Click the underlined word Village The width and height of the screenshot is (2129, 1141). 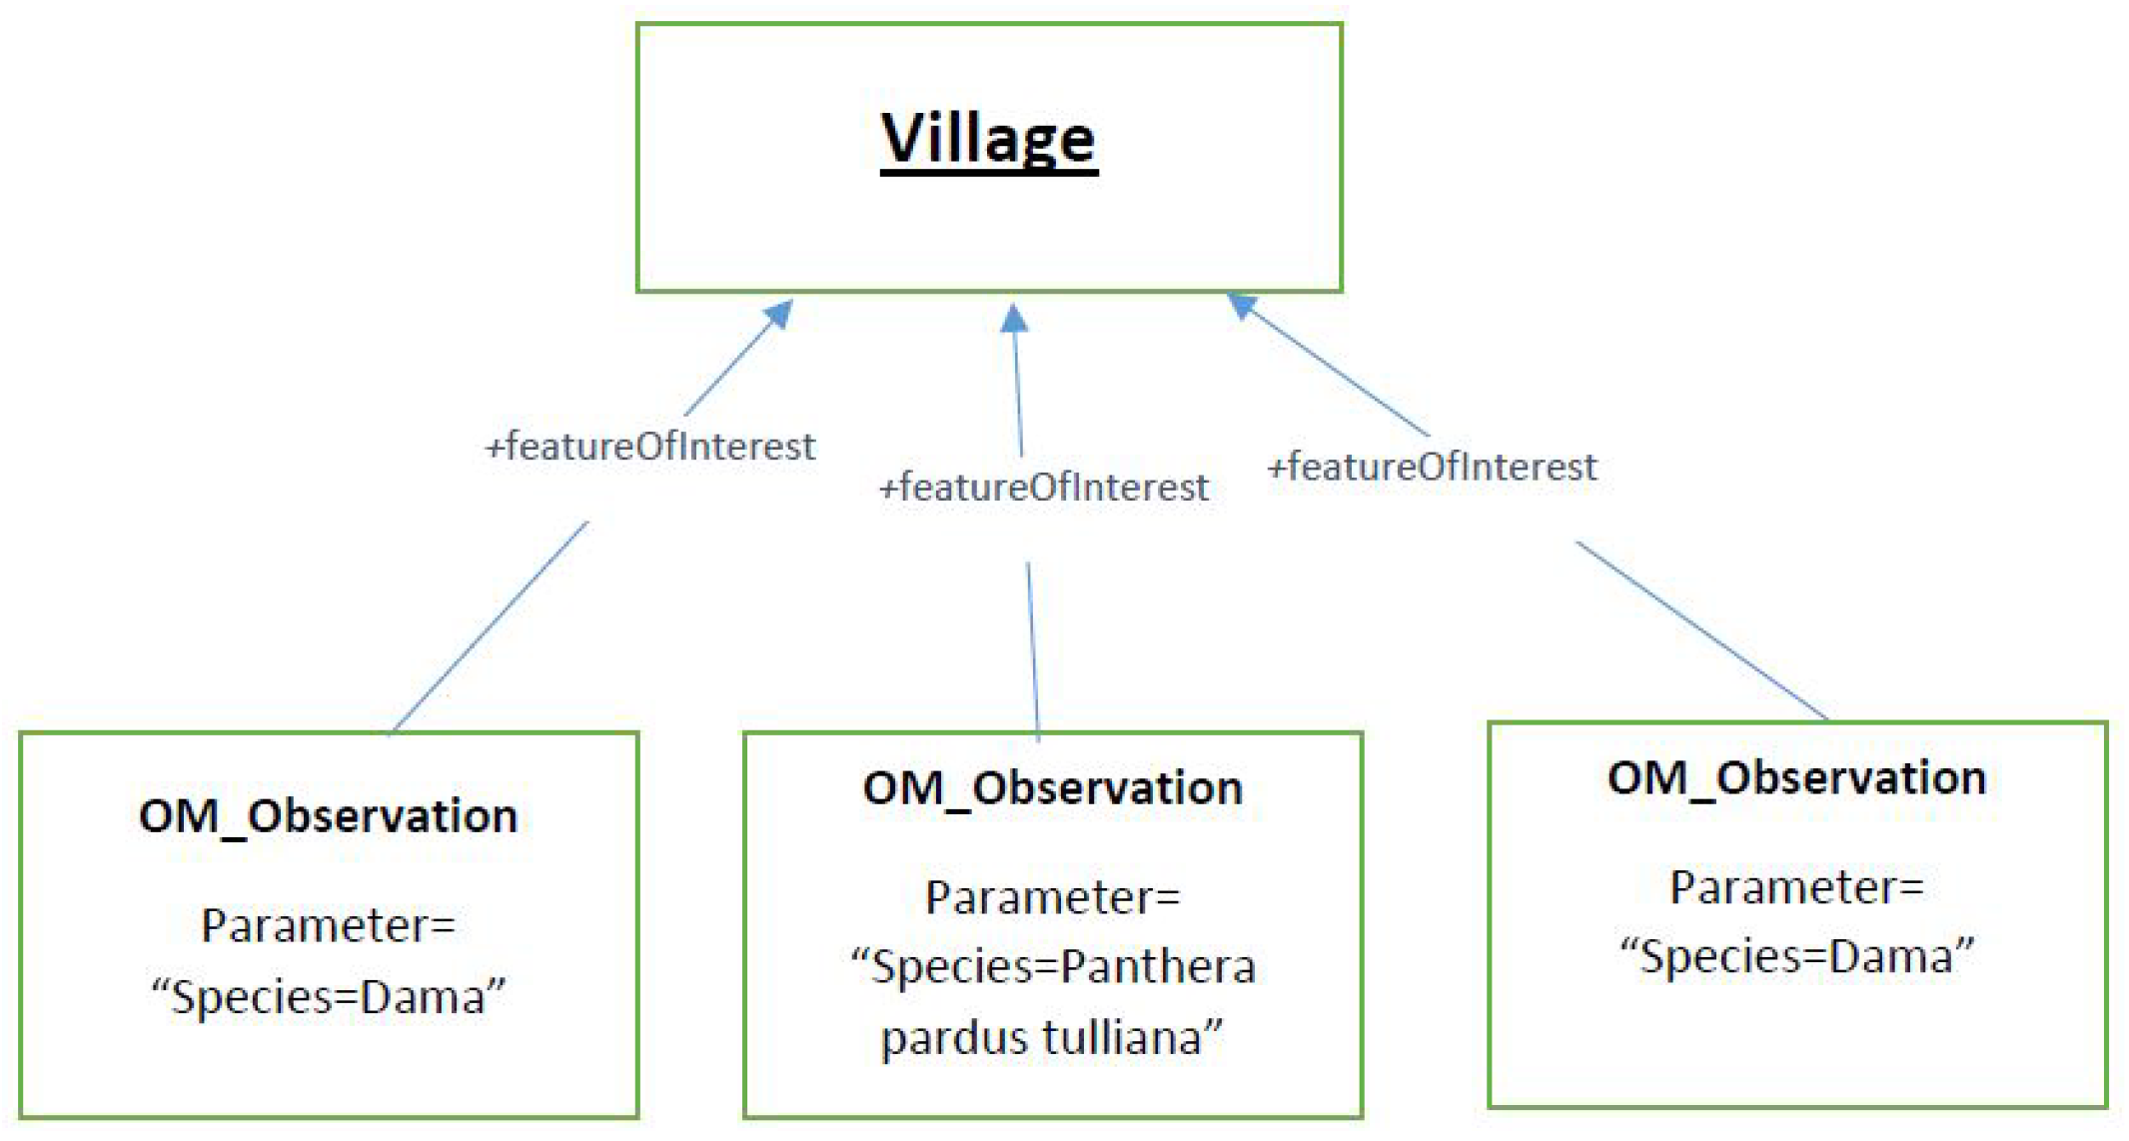(988, 140)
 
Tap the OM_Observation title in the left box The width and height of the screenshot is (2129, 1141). (328, 816)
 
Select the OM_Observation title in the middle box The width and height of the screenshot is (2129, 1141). (1052, 788)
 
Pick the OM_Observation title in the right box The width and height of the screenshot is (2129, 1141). (1796, 778)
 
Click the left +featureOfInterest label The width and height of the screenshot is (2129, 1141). (650, 447)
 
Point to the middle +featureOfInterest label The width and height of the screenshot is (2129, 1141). (1043, 488)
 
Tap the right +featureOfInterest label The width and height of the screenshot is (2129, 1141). (1432, 468)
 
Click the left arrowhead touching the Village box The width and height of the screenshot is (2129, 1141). (778, 315)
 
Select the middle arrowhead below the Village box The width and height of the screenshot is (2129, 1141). (1014, 319)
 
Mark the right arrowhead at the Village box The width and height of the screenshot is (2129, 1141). (1242, 305)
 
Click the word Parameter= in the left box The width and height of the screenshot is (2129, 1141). (328, 925)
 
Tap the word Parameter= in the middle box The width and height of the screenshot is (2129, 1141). (1052, 897)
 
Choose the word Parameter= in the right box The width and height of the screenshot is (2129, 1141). (1796, 887)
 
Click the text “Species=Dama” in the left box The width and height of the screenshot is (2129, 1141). (328, 996)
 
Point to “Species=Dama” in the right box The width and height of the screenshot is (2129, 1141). (1796, 956)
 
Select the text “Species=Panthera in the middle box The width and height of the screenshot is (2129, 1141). (1052, 967)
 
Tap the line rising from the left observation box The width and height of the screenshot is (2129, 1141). (490, 627)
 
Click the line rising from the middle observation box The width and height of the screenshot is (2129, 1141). (1033, 649)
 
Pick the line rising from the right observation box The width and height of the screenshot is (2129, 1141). (1701, 630)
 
